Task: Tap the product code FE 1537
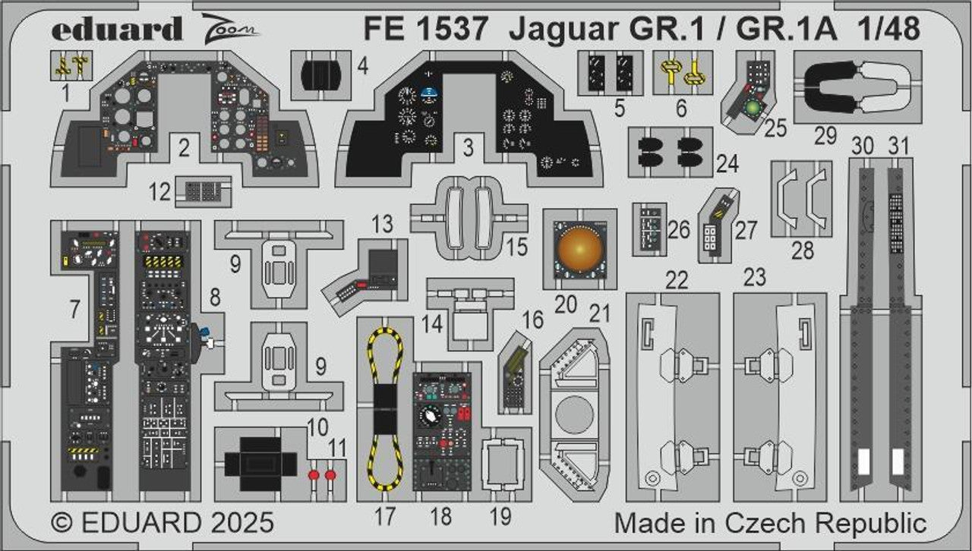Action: tap(425, 29)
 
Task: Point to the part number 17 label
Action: tap(385, 517)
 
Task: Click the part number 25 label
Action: tap(775, 128)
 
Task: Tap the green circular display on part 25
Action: tap(753, 108)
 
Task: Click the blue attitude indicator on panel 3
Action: tap(431, 95)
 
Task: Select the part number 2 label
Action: tap(184, 150)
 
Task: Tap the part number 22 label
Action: tap(677, 280)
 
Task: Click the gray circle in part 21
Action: tap(574, 414)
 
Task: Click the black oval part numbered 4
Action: tap(321, 74)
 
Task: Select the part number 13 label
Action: tap(383, 224)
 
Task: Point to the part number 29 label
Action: tap(825, 137)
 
